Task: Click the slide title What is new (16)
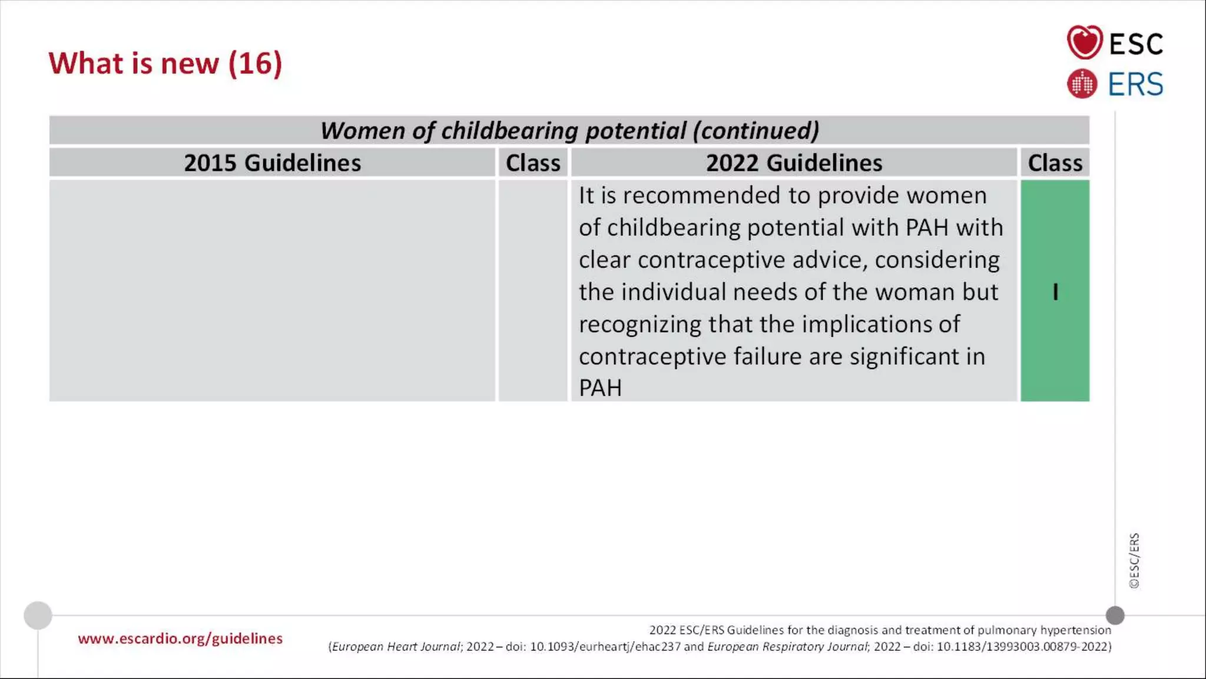coord(165,63)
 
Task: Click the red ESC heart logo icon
coord(1084,42)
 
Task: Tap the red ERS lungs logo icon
coord(1082,84)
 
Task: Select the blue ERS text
coord(1135,84)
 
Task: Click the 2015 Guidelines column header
coord(272,163)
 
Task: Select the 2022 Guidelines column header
coord(794,163)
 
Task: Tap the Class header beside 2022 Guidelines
coord(1055,163)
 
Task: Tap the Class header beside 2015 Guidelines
coord(533,163)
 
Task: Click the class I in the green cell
coord(1055,292)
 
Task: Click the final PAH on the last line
coord(600,388)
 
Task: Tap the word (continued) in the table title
coord(756,131)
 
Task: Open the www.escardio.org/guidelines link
coord(180,638)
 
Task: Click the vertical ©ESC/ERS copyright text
coord(1134,561)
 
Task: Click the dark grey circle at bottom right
coord(1115,615)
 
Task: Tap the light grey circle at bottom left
coord(38,615)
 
